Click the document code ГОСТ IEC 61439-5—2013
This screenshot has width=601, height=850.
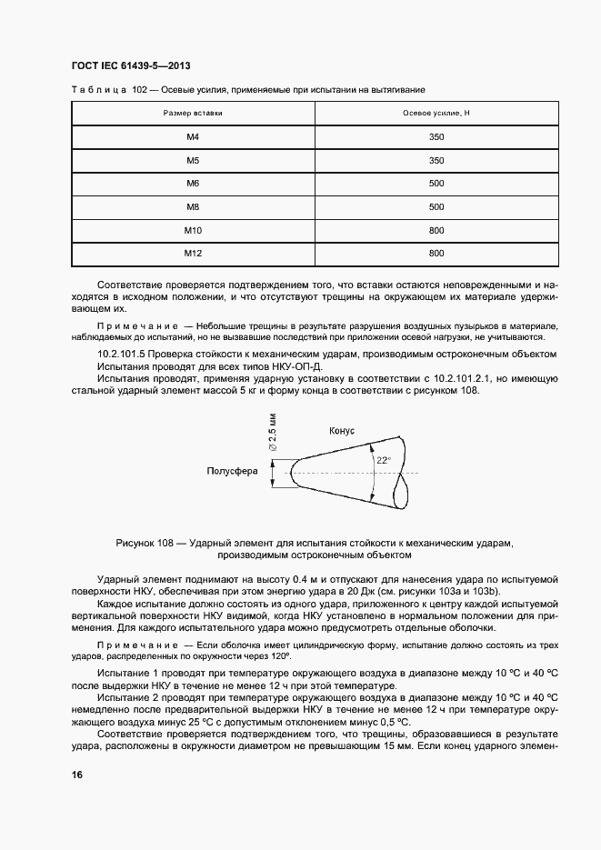tap(129, 65)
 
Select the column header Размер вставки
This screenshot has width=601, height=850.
tap(193, 113)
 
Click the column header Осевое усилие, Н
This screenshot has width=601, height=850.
tap(436, 113)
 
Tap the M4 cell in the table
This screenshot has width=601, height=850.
tap(193, 136)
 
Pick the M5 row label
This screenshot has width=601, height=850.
tap(193, 160)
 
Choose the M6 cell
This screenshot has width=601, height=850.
tap(193, 183)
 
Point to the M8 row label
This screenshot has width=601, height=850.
tap(193, 206)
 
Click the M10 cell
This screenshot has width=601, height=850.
tap(193, 230)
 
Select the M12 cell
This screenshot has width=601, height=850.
tap(193, 253)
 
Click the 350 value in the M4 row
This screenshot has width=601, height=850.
tap(436, 136)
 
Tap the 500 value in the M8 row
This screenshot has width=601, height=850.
tap(436, 206)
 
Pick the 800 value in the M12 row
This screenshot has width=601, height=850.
tap(436, 253)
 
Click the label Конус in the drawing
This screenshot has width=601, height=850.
tap(341, 431)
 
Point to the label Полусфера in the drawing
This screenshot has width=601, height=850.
tap(233, 471)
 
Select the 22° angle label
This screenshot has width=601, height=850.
tap(383, 461)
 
